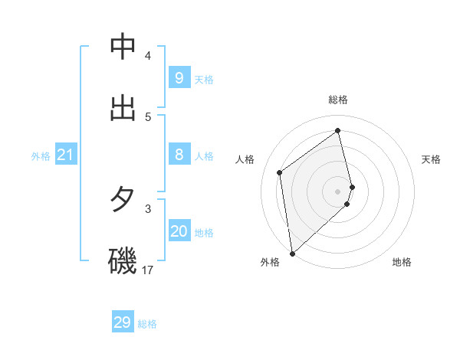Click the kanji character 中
pos(123,47)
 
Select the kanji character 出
pos(123,108)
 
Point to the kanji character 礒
pos(123,261)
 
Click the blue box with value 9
pos(179,77)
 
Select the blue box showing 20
pos(179,231)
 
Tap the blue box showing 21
pos(65,155)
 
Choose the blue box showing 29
pos(122,322)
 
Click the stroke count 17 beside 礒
pos(148,270)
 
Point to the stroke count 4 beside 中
pos(148,56)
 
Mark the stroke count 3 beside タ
pos(148,208)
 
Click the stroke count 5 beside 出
pos(148,116)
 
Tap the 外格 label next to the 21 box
pos(41,156)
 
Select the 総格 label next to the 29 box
pos(147,324)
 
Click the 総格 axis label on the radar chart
pos(338,100)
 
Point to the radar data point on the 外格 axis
pos(291,253)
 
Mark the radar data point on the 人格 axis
pos(280,172)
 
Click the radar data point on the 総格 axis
pos(338,130)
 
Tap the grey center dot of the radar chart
pos(338,191)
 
